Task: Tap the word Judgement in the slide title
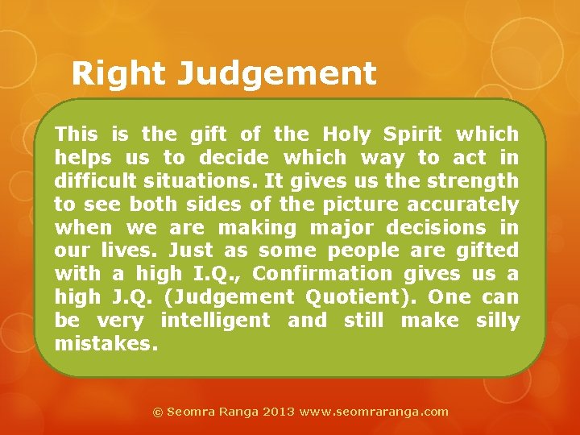point(276,75)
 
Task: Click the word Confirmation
point(322,274)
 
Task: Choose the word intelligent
point(215,321)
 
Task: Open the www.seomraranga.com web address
point(374,411)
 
